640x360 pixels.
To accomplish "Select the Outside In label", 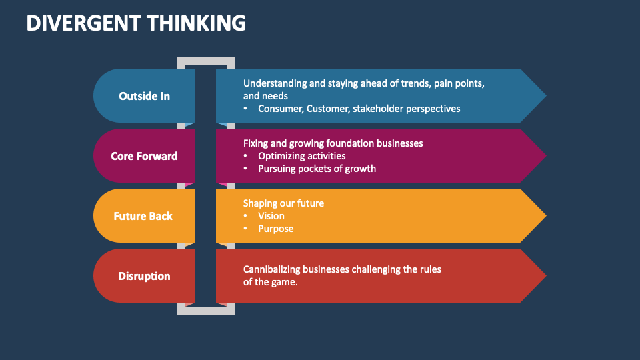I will click(144, 96).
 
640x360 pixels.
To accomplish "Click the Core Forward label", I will click(144, 156).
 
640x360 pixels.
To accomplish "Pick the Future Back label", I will click(143, 216).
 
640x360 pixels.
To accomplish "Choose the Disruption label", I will click(144, 276).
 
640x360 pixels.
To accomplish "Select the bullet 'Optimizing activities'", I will click(301, 156).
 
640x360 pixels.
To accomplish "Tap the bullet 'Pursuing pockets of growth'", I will click(317, 169).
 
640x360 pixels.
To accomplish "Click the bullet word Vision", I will click(271, 216).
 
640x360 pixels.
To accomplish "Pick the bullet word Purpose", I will click(276, 229).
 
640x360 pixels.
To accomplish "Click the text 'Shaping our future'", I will click(283, 203).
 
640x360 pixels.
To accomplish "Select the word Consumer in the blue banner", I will click(280, 108).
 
